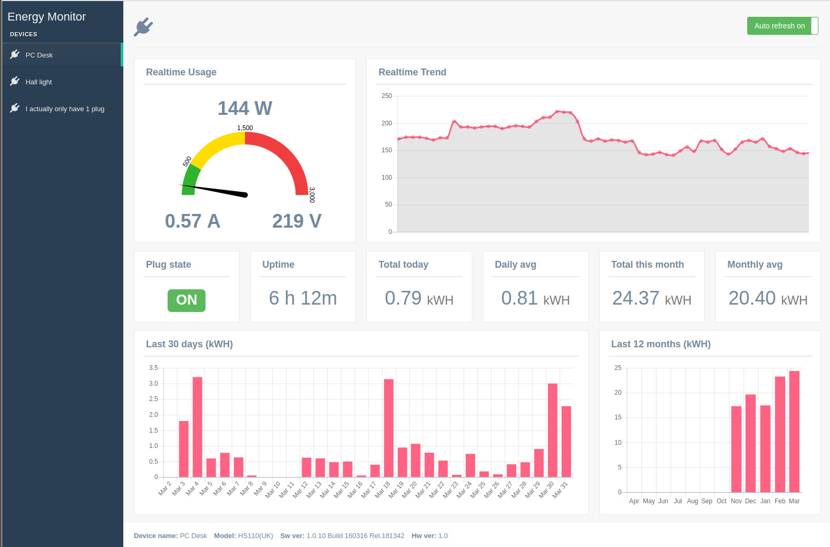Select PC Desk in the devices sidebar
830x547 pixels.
(39, 55)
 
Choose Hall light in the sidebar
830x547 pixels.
(38, 82)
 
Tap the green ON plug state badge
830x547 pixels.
(187, 300)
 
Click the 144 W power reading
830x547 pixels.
(245, 109)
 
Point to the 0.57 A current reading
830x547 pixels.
(192, 221)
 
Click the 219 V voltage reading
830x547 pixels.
(297, 221)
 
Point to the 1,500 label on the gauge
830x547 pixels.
(245, 128)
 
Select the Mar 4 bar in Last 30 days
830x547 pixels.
(198, 427)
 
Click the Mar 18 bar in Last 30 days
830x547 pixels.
(389, 428)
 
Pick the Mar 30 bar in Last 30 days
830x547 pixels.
(553, 430)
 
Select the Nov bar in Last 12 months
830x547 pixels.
(736, 449)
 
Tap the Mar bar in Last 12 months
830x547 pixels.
(794, 432)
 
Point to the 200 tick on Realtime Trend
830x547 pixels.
(387, 123)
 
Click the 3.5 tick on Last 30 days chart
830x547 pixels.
(153, 368)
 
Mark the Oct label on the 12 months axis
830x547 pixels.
(721, 501)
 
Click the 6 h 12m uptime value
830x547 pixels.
(303, 298)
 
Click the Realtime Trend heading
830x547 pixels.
(412, 72)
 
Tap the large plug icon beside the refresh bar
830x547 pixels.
(143, 26)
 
